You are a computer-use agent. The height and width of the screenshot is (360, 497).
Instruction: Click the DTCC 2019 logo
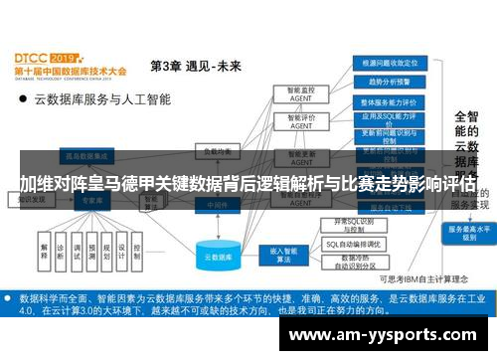click(x=65, y=60)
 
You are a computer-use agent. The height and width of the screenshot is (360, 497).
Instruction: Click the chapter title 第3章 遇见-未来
click(x=195, y=67)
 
